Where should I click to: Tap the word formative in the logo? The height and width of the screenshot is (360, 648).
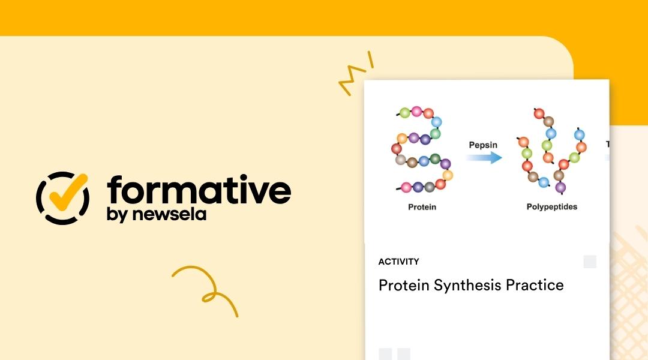pyautogui.click(x=199, y=190)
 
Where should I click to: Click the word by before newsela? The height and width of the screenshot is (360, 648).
pyautogui.click(x=116, y=215)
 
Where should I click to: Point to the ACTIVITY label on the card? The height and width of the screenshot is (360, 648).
pyautogui.click(x=398, y=262)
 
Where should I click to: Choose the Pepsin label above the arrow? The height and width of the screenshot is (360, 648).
pyautogui.click(x=483, y=145)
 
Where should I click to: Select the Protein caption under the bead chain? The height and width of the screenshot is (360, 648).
pyautogui.click(x=422, y=207)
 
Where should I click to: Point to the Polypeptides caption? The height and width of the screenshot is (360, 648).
pyautogui.click(x=551, y=207)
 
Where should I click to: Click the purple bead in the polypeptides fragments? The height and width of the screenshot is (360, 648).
pyautogui.click(x=560, y=188)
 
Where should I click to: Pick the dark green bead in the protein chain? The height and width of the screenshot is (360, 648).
pyautogui.click(x=436, y=160)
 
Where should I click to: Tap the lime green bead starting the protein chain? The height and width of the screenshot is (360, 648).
pyautogui.click(x=405, y=113)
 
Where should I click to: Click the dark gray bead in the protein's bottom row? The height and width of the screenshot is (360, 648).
pyautogui.click(x=430, y=187)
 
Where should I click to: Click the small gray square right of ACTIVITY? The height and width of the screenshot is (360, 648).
pyautogui.click(x=590, y=262)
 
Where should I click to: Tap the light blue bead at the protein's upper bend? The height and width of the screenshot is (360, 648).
pyautogui.click(x=437, y=122)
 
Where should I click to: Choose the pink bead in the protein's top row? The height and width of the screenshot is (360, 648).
pyautogui.click(x=416, y=111)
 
